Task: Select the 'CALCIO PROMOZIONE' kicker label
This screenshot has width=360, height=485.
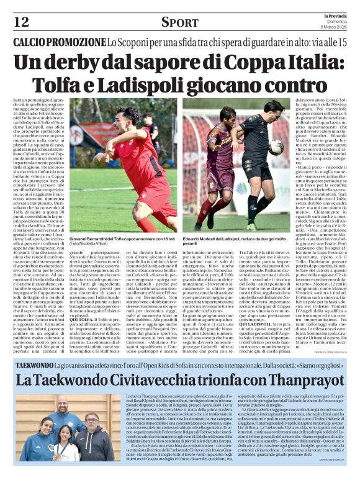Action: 57,42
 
